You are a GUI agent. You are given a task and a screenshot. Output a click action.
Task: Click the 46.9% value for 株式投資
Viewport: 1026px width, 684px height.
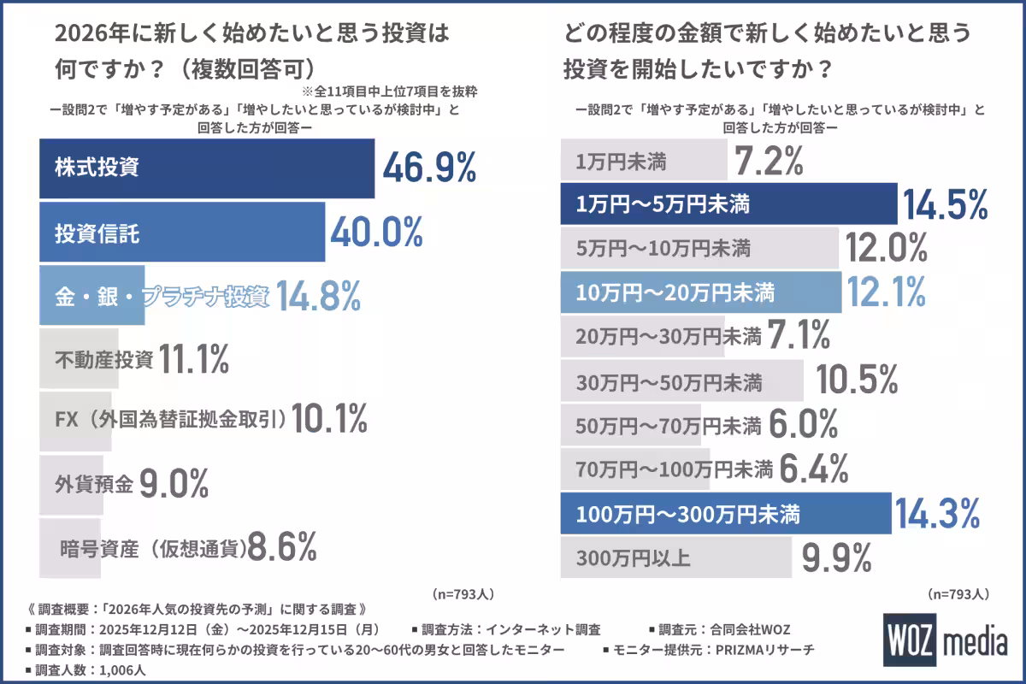pyautogui.click(x=428, y=168)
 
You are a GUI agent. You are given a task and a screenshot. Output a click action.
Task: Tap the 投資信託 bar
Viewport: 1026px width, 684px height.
pyautogui.click(x=182, y=232)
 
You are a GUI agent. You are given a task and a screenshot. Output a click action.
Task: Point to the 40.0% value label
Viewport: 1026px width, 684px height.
pyautogui.click(x=376, y=232)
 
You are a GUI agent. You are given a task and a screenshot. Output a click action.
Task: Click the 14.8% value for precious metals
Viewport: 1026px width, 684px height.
pyautogui.click(x=317, y=297)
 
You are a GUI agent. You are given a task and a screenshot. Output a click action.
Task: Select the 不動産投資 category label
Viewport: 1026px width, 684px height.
pyautogui.click(x=103, y=360)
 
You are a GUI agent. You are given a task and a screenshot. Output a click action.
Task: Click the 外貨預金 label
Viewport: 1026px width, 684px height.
pyautogui.click(x=93, y=485)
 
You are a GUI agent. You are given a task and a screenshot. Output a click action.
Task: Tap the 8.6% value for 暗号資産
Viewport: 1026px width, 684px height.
pyautogui.click(x=282, y=546)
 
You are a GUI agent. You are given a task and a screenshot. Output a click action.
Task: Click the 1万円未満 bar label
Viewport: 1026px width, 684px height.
pyautogui.click(x=621, y=161)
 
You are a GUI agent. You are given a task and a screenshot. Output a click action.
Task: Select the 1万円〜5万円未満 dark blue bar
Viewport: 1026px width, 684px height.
pyautogui.click(x=728, y=205)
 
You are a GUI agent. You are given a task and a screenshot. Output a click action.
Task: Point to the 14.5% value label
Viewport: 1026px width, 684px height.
pyautogui.click(x=945, y=205)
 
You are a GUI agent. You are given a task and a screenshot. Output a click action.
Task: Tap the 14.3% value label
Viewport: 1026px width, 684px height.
pyautogui.click(x=936, y=515)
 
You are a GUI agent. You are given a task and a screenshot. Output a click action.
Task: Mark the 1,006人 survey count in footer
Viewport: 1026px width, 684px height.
pyautogui.click(x=125, y=669)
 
